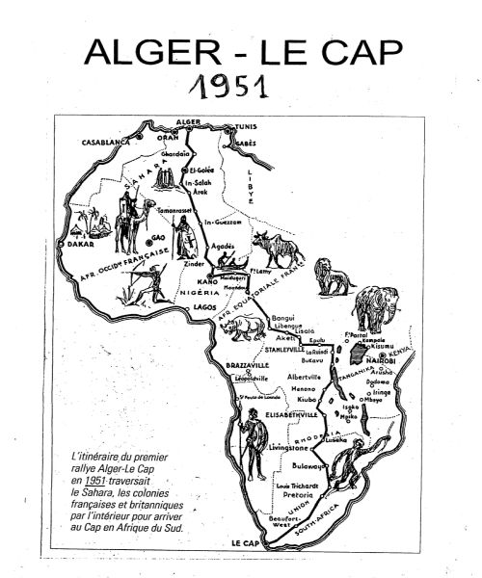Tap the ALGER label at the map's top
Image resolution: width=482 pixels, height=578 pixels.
(188, 122)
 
